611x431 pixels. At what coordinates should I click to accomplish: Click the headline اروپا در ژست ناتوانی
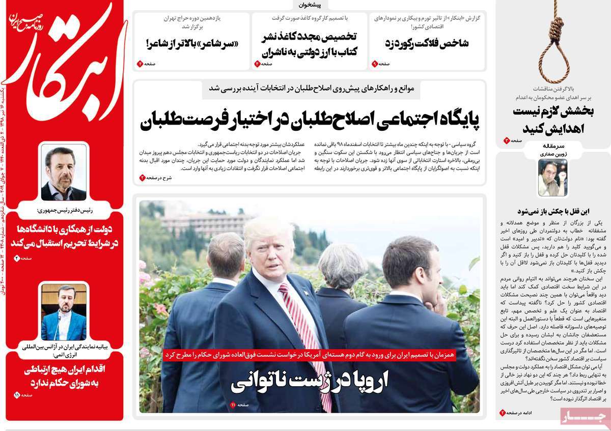pos(309,381)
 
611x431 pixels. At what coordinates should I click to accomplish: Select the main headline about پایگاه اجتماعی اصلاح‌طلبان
pos(310,120)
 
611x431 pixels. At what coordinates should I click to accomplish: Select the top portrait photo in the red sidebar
pos(64,173)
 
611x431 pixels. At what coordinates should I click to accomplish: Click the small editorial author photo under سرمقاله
pos(552,178)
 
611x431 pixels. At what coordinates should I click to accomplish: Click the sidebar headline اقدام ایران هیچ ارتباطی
pos(64,376)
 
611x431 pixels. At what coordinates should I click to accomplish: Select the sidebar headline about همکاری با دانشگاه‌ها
pos(64,236)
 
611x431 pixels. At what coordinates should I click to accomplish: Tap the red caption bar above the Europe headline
pos(309,355)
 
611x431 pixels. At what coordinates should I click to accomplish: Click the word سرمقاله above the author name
pos(552,146)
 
